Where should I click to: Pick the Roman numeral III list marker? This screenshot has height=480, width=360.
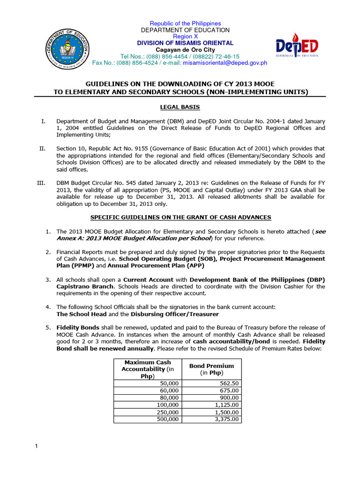40,184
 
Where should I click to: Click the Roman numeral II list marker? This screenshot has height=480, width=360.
42,149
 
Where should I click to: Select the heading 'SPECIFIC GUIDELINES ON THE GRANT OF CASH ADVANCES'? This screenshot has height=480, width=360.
180,217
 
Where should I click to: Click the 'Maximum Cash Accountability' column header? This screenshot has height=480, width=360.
146,369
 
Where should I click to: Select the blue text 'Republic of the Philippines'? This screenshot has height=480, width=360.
185,23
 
